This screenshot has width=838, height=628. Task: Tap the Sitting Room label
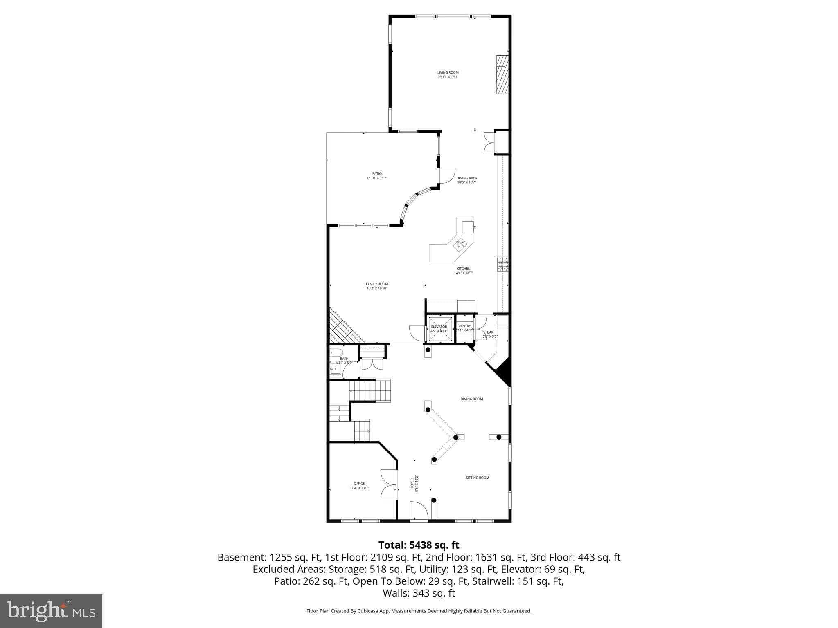[477, 478]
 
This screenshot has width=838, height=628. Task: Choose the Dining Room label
[471, 399]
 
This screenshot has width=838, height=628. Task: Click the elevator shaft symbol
[440, 329]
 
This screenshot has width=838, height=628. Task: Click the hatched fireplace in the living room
[502, 74]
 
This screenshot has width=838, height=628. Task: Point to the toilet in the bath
[336, 352]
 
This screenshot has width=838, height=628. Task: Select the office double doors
[389, 485]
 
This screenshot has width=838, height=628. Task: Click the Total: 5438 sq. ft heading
[419, 545]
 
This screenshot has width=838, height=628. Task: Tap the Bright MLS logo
[51, 611]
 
